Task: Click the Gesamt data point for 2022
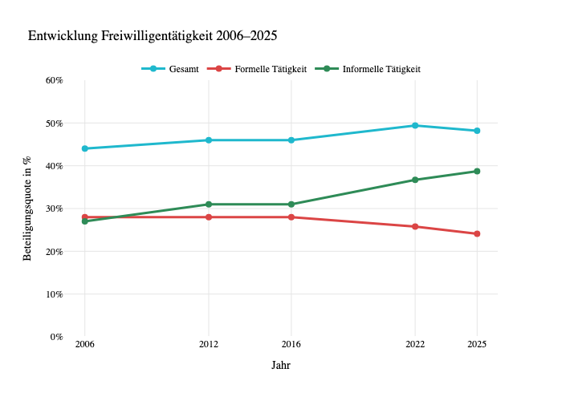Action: tap(415, 125)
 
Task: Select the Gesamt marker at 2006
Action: tap(84, 148)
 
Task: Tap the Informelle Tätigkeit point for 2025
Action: tap(477, 171)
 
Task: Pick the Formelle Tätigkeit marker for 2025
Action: tap(477, 233)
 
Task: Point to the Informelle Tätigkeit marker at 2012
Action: tap(209, 205)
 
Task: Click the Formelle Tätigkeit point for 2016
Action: tap(291, 217)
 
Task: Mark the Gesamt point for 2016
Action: tap(291, 140)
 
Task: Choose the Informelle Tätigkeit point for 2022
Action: tap(415, 180)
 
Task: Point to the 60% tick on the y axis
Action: tap(54, 80)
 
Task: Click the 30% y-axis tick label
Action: tap(54, 209)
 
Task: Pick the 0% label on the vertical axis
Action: tap(56, 337)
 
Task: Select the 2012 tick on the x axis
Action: tap(209, 345)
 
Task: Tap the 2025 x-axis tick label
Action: tap(477, 345)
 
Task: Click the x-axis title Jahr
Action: tap(281, 366)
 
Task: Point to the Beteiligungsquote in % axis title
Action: tap(27, 209)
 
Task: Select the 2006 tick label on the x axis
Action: tap(84, 345)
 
